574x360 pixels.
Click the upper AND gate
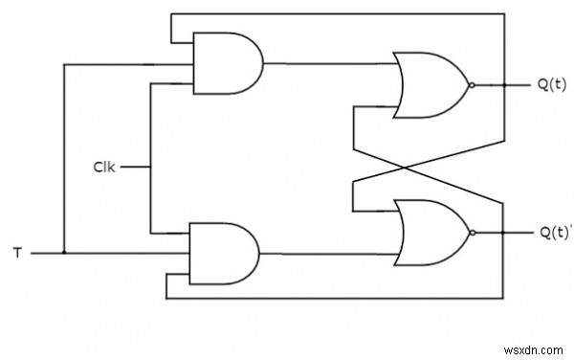click(227, 64)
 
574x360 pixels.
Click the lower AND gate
click(227, 254)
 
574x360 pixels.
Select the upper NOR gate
click(430, 85)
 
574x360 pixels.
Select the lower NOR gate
click(430, 233)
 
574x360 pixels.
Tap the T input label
click(17, 255)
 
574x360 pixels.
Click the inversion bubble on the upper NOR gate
click(470, 85)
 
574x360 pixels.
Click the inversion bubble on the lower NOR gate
click(470, 233)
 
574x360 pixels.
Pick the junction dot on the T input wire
click(63, 254)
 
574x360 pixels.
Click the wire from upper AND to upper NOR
click(325, 64)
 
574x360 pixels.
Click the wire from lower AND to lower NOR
click(325, 254)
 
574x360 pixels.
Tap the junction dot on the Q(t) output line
click(504, 85)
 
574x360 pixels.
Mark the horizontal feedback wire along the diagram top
click(335, 13)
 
